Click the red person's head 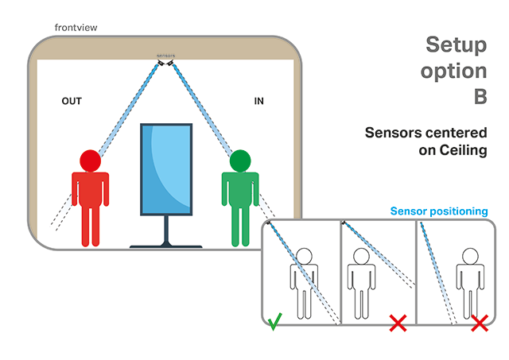coord(90,161)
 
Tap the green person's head coord(239,161)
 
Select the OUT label coord(72,102)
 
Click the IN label coord(258,102)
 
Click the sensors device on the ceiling coord(165,58)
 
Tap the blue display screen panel coord(166,168)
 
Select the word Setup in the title coord(455,45)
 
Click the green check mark coord(274,323)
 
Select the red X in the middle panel coord(398,323)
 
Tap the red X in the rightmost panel coord(479,323)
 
